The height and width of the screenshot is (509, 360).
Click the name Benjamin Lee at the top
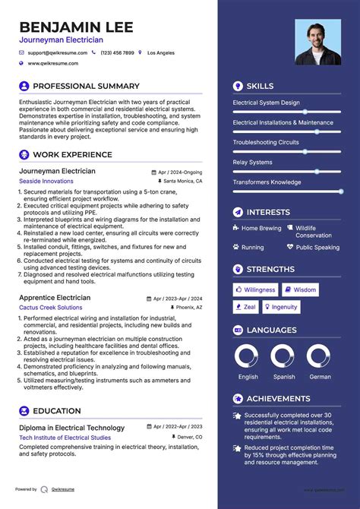[76, 27]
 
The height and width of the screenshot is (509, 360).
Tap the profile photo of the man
[318, 42]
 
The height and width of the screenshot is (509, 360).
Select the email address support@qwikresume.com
[58, 53]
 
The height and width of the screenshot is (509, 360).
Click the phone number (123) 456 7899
[117, 53]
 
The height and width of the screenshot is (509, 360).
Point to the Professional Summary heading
[86, 86]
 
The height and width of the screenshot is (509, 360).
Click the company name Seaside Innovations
[46, 182]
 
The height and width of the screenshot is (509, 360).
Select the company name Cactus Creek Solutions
[51, 308]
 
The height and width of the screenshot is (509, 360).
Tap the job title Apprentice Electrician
[55, 298]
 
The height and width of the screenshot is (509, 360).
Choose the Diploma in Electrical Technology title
[71, 428]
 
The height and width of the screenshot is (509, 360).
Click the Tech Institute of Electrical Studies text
[65, 438]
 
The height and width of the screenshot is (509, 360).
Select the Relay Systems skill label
[252, 162]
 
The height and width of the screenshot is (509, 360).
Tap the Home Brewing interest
[261, 228]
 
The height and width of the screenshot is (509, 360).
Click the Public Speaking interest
[317, 247]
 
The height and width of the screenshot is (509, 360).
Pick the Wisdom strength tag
[301, 289]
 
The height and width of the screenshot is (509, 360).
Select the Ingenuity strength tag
[281, 307]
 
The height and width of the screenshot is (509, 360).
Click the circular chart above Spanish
[283, 356]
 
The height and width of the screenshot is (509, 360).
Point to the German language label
[320, 377]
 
